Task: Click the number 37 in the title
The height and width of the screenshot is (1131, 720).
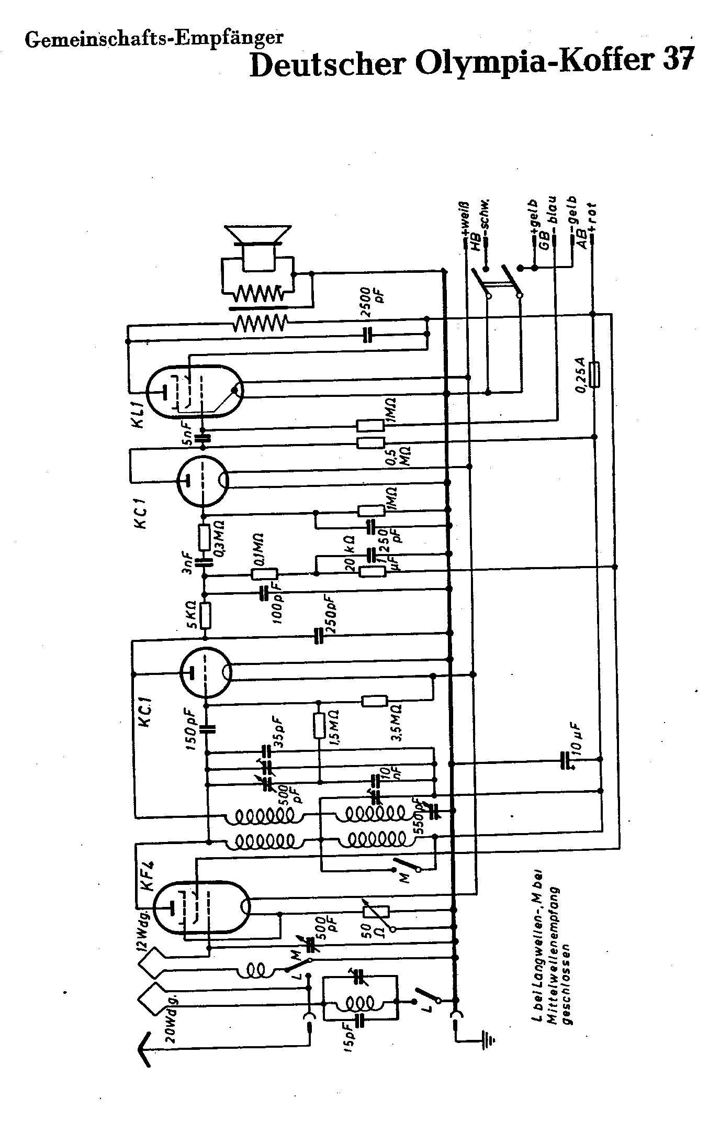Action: click(677, 61)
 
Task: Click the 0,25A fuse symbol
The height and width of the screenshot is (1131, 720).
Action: click(594, 374)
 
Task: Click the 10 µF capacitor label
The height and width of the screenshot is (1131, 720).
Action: click(578, 739)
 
